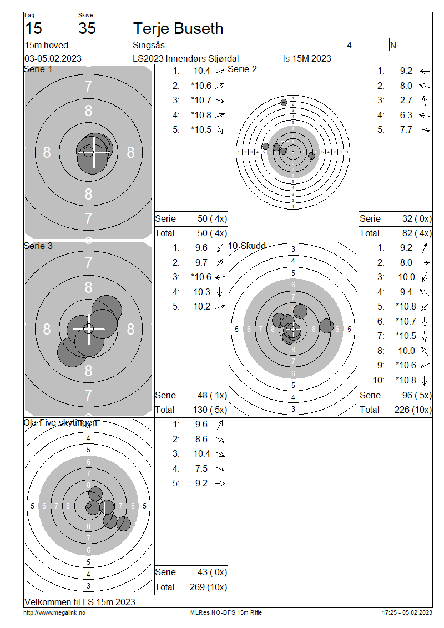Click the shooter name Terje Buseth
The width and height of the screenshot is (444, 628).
(178, 29)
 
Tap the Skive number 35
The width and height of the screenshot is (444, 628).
(87, 28)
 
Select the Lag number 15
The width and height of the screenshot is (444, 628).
(34, 28)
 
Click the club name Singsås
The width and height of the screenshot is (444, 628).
(149, 45)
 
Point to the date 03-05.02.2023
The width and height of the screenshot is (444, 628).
(53, 58)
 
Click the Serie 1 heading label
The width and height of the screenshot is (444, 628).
(38, 69)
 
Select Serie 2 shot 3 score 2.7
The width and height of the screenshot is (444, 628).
(406, 100)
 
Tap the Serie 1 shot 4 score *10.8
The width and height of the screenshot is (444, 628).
(201, 115)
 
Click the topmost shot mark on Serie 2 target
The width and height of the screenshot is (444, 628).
(284, 102)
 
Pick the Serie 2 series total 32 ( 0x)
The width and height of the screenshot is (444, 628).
(417, 218)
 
